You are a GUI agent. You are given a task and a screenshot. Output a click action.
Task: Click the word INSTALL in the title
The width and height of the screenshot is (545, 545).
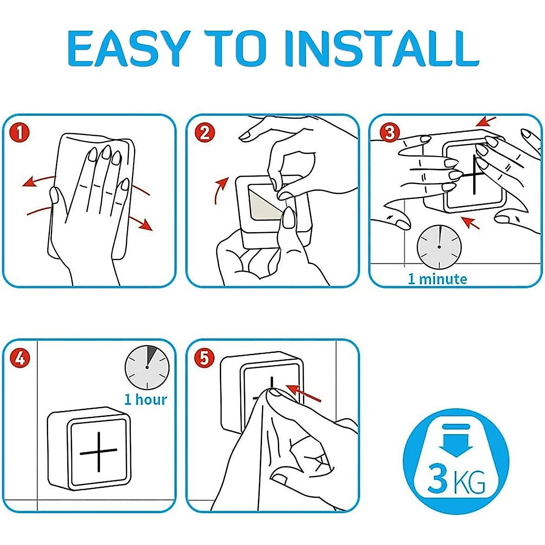click(381, 48)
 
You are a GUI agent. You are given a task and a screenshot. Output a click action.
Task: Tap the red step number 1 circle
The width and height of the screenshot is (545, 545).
click(20, 133)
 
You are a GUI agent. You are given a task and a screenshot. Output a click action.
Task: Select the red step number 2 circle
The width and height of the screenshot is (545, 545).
click(204, 133)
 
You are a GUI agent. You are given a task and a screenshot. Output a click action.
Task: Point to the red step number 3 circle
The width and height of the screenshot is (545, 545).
click(390, 133)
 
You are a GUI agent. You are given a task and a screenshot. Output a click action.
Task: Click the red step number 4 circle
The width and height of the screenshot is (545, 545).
click(20, 359)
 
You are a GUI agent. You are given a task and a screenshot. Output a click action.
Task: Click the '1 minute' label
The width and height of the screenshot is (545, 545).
click(437, 279)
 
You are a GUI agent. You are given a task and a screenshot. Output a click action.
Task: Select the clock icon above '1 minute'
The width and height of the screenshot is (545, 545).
click(439, 247)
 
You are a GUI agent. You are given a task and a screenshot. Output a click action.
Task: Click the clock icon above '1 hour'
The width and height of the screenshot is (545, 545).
click(147, 367)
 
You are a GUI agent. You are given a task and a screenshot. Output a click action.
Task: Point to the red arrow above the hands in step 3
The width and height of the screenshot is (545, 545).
click(486, 121)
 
